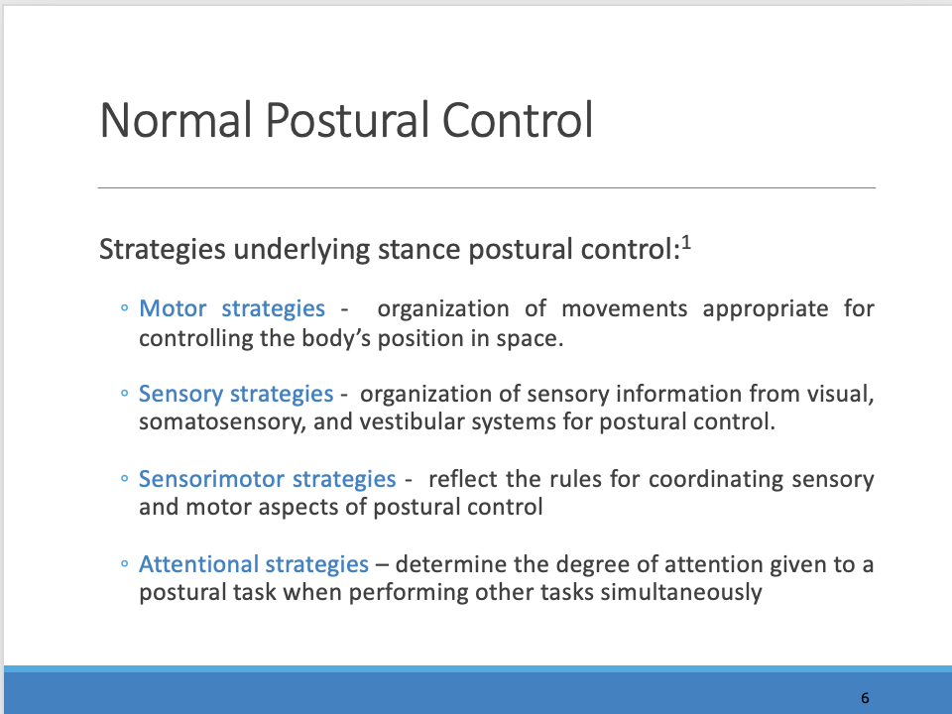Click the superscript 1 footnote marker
685,241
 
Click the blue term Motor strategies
232,308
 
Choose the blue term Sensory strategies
236,394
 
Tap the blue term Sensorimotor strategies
268,479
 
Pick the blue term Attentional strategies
254,564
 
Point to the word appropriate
766,308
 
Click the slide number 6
865,698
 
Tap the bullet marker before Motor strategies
124,309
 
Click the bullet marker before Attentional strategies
124,565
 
